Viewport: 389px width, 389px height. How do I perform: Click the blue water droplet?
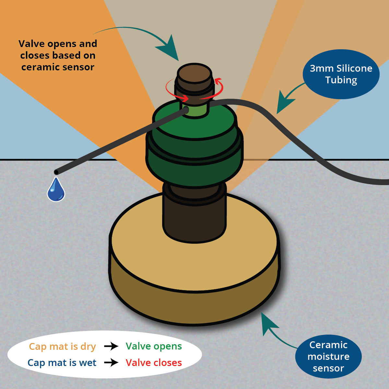click(56, 189)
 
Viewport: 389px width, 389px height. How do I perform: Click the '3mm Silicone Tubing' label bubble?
click(341, 74)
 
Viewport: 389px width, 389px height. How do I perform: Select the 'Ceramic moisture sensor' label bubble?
click(328, 357)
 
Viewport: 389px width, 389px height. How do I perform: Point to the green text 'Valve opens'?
click(154, 346)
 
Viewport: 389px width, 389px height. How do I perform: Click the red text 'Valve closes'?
click(154, 362)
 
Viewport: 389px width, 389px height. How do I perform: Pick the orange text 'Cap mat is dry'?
click(62, 347)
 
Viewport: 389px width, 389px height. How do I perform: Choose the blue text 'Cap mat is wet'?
click(62, 363)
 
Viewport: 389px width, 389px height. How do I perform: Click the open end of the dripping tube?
click(56, 172)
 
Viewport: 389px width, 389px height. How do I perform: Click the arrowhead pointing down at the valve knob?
click(170, 48)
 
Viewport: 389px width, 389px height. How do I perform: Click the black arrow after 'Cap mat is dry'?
click(111, 346)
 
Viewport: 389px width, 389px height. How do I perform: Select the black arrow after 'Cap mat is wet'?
click(111, 363)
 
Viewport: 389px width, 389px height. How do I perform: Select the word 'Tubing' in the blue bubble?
click(341, 80)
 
